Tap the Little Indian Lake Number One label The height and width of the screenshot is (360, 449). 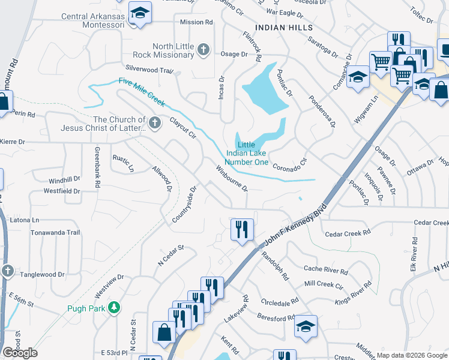246,153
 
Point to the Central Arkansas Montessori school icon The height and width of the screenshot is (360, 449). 140,13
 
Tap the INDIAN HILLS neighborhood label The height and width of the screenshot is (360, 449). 283,28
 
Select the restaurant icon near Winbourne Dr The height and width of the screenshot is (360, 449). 243,229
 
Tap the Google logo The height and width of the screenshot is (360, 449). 20,353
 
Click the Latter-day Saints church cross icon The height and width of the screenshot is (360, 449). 155,123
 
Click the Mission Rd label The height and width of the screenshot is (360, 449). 196,22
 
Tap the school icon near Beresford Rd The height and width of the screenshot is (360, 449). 306,326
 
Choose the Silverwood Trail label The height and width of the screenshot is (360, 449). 149,70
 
